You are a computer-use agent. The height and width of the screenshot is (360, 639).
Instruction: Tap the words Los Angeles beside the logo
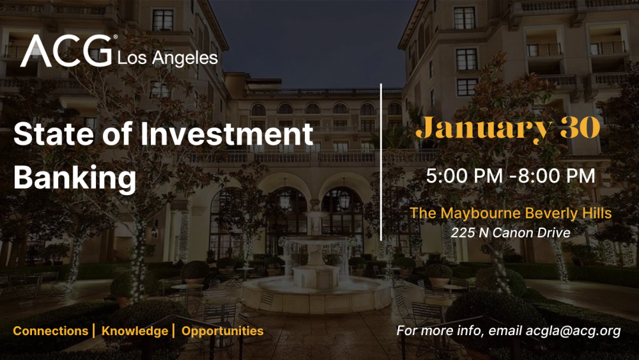(x=168, y=58)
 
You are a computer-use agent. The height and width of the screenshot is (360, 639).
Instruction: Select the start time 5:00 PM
(x=465, y=175)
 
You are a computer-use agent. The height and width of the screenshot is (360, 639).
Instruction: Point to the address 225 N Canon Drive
(x=511, y=233)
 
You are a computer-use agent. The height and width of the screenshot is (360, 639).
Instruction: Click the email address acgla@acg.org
(x=573, y=331)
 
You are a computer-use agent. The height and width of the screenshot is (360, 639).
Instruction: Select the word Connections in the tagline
(x=50, y=331)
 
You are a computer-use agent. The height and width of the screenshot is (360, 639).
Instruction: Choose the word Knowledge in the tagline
(x=134, y=331)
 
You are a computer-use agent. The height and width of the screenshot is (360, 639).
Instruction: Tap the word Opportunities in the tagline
(x=222, y=331)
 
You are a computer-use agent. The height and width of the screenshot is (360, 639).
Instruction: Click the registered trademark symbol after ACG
(x=116, y=38)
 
